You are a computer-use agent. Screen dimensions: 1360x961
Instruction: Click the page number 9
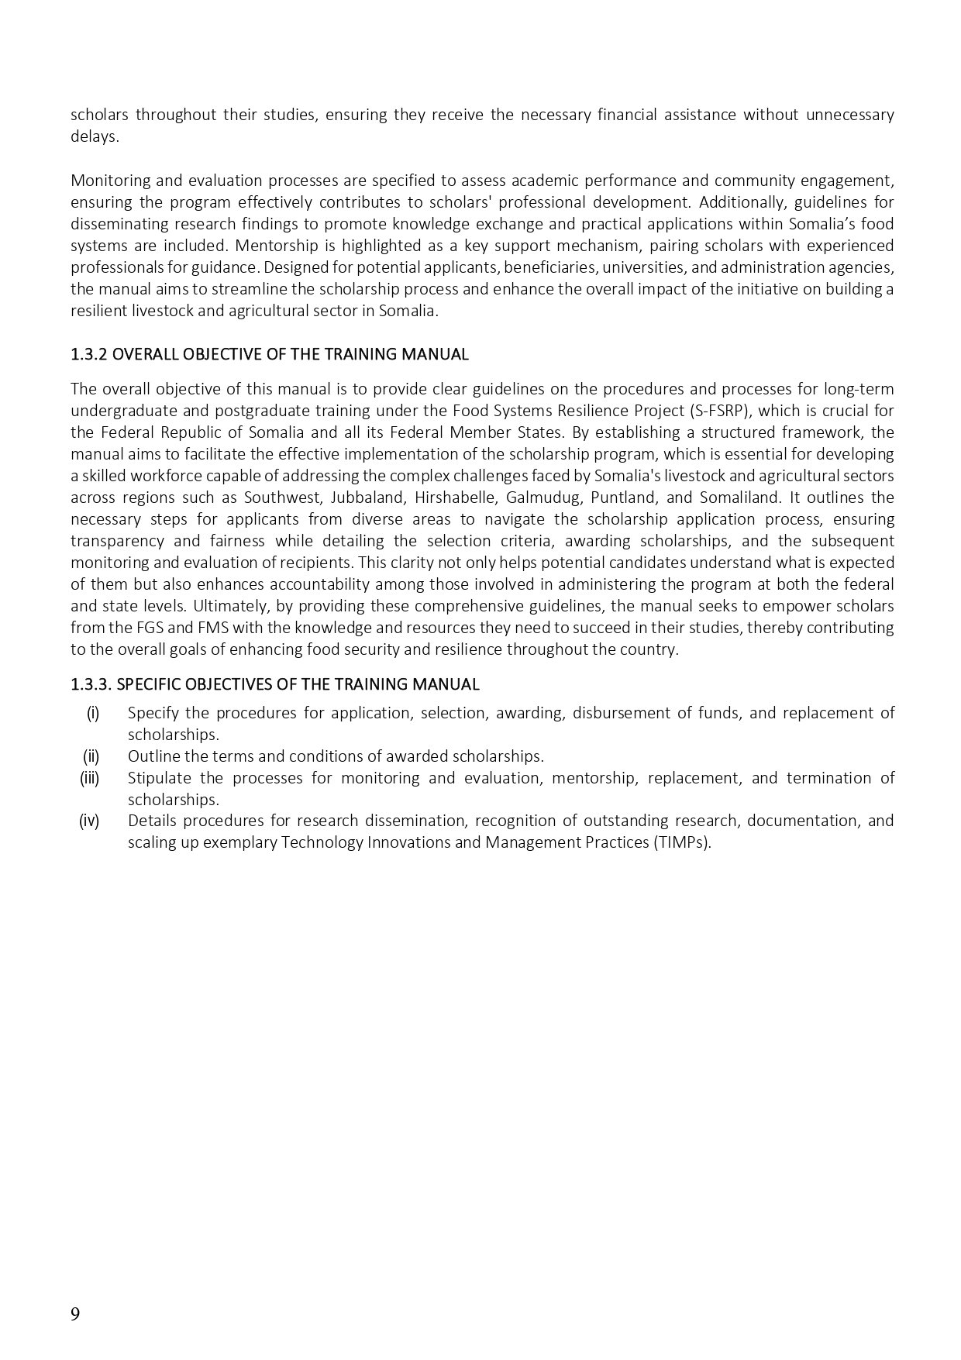click(x=75, y=1314)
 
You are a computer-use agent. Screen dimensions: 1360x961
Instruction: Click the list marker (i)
click(x=93, y=712)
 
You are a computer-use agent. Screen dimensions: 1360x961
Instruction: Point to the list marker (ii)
click(x=91, y=756)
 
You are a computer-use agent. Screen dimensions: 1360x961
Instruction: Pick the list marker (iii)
click(x=90, y=777)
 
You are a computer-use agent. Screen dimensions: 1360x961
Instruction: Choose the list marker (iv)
click(x=89, y=820)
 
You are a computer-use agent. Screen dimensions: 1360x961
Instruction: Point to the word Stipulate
click(x=158, y=777)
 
